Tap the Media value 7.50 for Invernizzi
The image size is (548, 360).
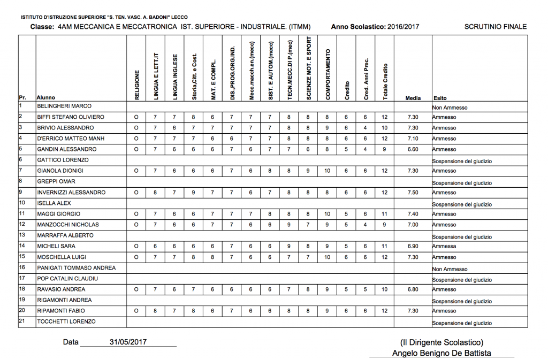pyautogui.click(x=413, y=192)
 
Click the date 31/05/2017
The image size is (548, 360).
pyautogui.click(x=128, y=342)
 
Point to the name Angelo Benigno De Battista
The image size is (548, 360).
pyautogui.click(x=442, y=353)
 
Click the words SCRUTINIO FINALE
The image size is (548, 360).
pyautogui.click(x=496, y=27)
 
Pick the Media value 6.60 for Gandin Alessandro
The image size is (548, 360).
pyautogui.click(x=413, y=149)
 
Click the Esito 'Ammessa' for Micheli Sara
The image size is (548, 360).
pyautogui.click(x=444, y=246)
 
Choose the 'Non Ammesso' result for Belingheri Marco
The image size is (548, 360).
pyautogui.click(x=450, y=108)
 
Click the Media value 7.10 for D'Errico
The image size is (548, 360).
pyautogui.click(x=413, y=139)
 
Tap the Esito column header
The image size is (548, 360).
pyautogui.click(x=440, y=98)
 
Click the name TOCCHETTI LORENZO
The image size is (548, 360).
pyautogui.click(x=66, y=321)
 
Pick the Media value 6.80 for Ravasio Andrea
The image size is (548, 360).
pyautogui.click(x=413, y=289)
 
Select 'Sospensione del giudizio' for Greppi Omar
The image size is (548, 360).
pyautogui.click(x=461, y=183)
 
